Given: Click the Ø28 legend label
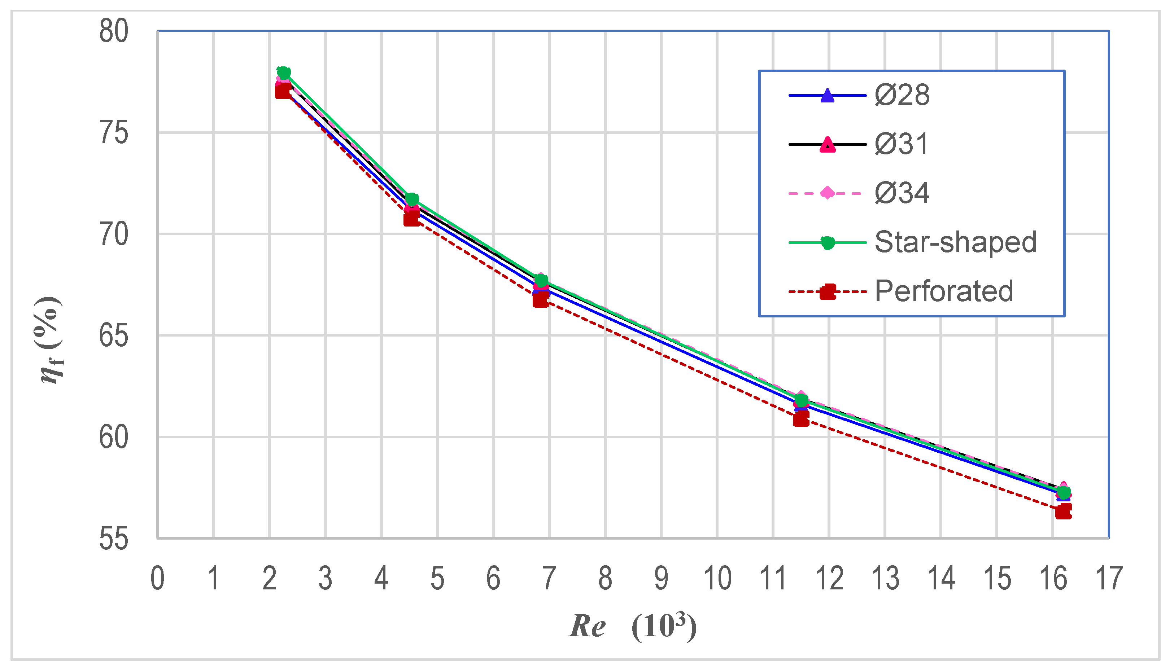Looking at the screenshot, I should pyautogui.click(x=902, y=96).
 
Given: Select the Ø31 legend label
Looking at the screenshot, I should pyautogui.click(x=901, y=144).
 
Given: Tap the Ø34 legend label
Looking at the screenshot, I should pyautogui.click(x=902, y=193).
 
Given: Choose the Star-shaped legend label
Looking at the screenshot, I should pyautogui.click(x=956, y=242).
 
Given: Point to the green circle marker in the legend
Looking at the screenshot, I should pyautogui.click(x=828, y=243).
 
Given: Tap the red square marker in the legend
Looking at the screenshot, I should pyautogui.click(x=828, y=292).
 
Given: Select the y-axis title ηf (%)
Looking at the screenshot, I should pyautogui.click(x=50, y=341).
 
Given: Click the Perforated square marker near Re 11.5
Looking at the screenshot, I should pyautogui.click(x=801, y=419).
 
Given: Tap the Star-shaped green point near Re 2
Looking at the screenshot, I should pyautogui.click(x=283, y=73).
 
